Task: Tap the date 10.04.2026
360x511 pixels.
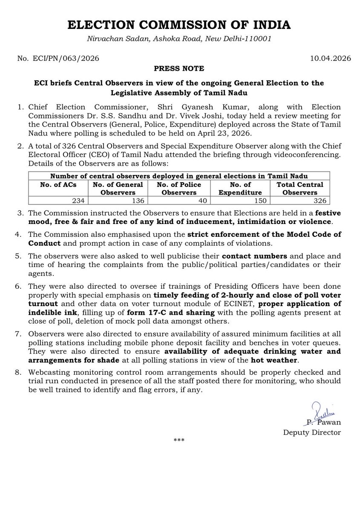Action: pyautogui.click(x=330, y=59)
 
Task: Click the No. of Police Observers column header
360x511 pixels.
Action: pyautogui.click(x=179, y=188)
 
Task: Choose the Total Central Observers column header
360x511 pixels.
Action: pyautogui.click(x=300, y=188)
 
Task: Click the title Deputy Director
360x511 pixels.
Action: pyautogui.click(x=312, y=433)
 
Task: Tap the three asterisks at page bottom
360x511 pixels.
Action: pyautogui.click(x=179, y=440)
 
